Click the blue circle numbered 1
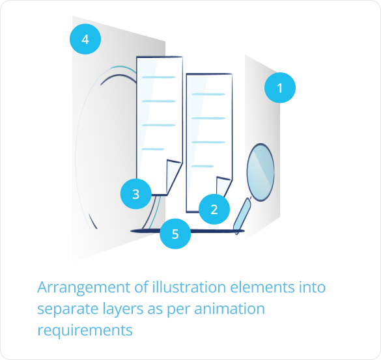(280, 87)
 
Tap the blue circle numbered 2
(214, 209)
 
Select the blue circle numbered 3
(136, 194)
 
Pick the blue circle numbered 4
(85, 39)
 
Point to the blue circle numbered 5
(175, 234)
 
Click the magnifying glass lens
(261, 173)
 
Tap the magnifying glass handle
(242, 216)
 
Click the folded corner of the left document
(174, 176)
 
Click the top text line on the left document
(159, 77)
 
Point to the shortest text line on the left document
(153, 149)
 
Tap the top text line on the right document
(208, 94)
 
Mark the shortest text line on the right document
(203, 166)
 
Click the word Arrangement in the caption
(84, 288)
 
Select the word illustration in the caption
(189, 287)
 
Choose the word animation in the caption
(230, 309)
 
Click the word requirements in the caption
(85, 331)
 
